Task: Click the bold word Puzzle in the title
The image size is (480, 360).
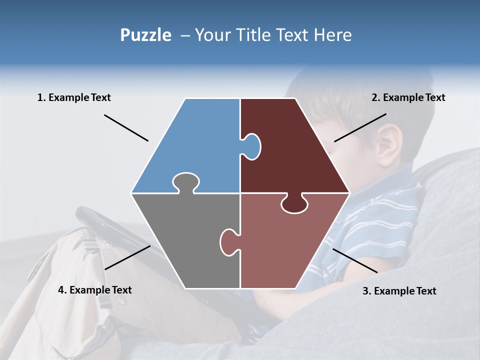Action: point(145,35)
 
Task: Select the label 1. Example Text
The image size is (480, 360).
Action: point(74,97)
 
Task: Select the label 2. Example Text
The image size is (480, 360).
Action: point(408,97)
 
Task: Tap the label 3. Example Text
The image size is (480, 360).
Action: point(399,291)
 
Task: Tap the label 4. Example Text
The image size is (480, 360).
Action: point(94,290)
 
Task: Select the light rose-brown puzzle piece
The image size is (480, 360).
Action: point(285,245)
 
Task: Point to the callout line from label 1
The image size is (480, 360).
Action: point(126,127)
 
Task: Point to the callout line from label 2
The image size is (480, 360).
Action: point(360,127)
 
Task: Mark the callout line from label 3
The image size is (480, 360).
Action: point(355,260)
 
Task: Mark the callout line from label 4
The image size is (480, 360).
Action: point(127,257)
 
